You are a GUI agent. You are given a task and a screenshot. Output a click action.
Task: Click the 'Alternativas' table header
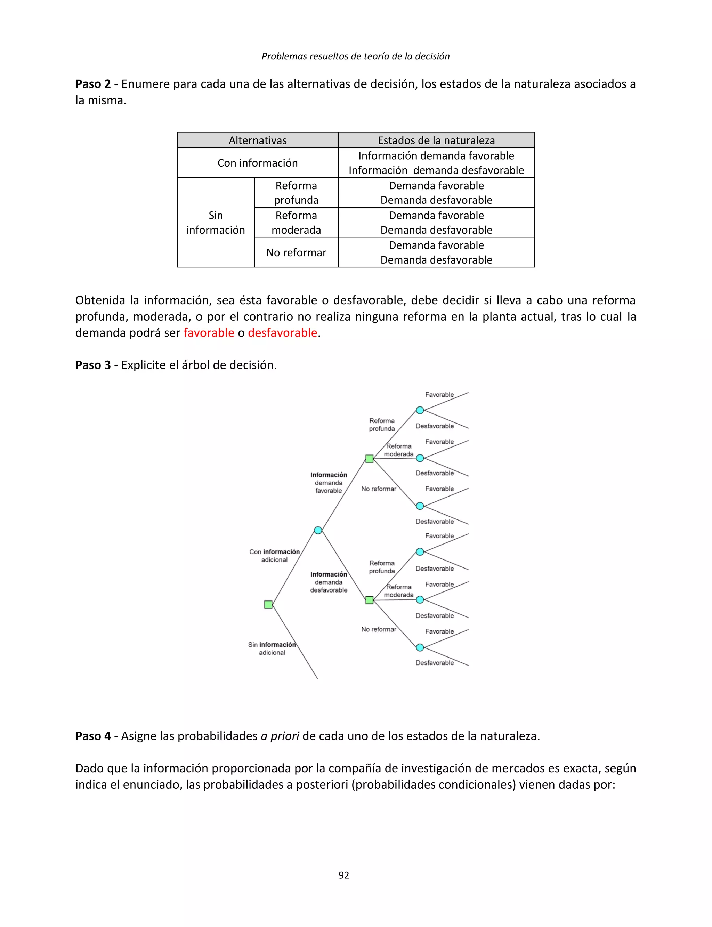[x=258, y=140]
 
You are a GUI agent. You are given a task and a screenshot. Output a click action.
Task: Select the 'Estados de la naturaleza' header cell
[x=436, y=140]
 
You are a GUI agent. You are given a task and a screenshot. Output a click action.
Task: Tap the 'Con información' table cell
[x=258, y=163]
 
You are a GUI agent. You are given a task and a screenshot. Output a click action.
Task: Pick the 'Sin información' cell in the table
[x=216, y=223]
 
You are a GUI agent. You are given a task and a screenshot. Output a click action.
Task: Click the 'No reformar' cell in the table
[x=296, y=253]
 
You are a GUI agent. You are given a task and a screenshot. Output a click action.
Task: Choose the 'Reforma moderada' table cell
[x=296, y=223]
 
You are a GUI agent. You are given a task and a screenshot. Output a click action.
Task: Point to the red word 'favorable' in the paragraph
[x=209, y=333]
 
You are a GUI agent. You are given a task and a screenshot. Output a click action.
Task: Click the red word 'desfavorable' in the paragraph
[x=282, y=333]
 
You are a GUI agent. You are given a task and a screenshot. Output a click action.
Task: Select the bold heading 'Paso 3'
[x=93, y=365]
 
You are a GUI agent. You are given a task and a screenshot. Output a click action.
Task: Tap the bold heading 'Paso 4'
[x=93, y=736]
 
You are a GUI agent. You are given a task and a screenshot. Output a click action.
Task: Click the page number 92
[x=344, y=875]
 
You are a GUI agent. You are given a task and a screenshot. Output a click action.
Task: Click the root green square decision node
[x=268, y=604]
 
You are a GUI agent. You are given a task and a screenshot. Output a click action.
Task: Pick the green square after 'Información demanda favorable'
[x=370, y=459]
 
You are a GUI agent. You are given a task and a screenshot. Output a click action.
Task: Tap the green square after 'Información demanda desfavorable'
[x=370, y=600]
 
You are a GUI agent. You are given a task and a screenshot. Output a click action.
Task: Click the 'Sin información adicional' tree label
[x=272, y=648]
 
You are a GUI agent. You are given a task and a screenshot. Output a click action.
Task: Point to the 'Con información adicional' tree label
[x=274, y=556]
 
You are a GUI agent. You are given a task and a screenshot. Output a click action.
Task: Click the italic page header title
[x=356, y=56]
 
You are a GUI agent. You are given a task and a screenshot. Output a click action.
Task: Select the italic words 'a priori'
[x=280, y=736]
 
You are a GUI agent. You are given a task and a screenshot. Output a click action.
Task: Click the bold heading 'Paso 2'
[x=93, y=84]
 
